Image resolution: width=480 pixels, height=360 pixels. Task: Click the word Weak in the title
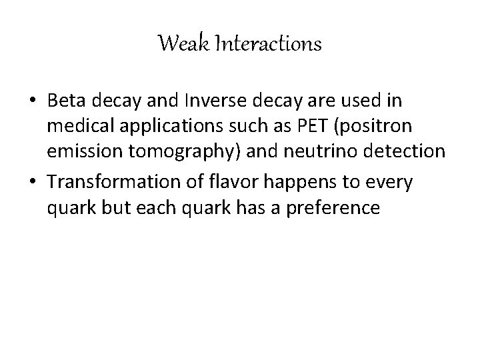177,45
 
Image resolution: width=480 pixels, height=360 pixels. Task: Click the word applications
173,127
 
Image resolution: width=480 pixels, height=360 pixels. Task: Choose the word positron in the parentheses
387,127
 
